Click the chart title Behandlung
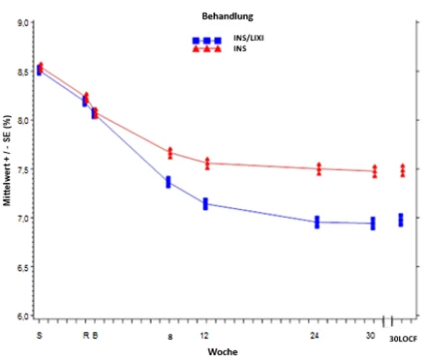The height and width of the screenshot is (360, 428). coord(228,16)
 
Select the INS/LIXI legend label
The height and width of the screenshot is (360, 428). coord(249,38)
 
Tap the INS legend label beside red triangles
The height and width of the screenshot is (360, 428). coord(240,48)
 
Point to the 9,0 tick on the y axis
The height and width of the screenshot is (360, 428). coord(24,22)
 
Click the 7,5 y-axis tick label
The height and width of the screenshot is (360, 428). coord(24,169)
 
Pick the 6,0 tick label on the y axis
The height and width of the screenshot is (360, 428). coord(24,316)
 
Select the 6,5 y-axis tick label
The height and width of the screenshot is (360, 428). coord(24,267)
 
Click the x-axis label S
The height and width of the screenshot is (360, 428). coord(39,336)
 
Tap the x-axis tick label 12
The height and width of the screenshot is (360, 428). coord(204,336)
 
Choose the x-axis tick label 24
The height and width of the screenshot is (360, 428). coord(315,336)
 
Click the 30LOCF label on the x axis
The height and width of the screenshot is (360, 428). coord(403,339)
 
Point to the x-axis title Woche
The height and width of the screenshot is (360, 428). coord(223,352)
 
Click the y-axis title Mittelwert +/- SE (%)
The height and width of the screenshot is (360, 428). coord(7,161)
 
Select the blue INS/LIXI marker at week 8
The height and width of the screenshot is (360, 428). coord(168,182)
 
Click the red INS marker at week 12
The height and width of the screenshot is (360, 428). coord(207,164)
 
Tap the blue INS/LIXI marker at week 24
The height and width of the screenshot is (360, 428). coord(317,223)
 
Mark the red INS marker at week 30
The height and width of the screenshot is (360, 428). coord(375,171)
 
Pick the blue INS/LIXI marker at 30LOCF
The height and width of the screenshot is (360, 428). coord(401,220)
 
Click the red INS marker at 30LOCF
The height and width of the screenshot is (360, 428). coord(403,170)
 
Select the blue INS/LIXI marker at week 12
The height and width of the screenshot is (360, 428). coord(205,204)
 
